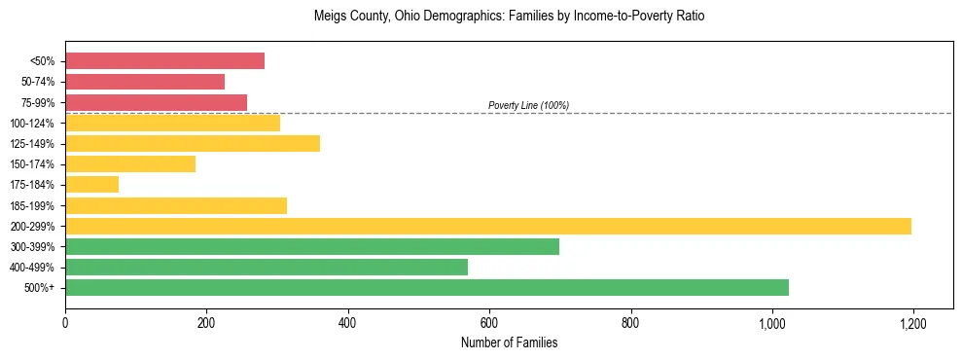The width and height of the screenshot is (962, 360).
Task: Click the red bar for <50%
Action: (x=164, y=61)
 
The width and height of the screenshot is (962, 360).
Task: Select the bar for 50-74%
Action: (x=145, y=82)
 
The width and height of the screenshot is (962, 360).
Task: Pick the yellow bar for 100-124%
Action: (x=172, y=123)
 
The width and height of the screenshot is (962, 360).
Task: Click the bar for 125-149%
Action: (x=193, y=144)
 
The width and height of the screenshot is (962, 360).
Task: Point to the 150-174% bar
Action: (x=130, y=164)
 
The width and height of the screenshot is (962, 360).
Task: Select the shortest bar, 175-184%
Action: (x=91, y=185)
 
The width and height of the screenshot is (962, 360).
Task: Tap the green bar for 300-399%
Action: (x=312, y=246)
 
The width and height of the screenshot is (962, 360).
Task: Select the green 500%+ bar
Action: (x=427, y=287)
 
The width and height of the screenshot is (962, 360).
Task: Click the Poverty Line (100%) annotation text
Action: (x=528, y=105)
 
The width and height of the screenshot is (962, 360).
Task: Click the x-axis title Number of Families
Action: (x=509, y=342)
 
